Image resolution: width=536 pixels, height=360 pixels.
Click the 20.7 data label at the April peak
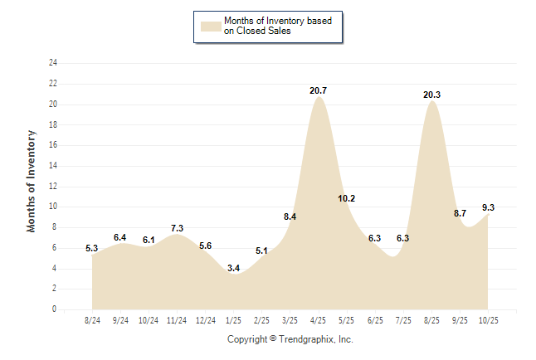click(318, 90)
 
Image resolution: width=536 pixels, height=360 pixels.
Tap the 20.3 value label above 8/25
click(431, 95)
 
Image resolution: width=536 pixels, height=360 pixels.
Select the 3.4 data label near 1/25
click(233, 268)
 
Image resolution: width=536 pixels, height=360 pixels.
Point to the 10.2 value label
click(347, 198)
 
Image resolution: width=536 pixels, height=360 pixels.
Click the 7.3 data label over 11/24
click(177, 228)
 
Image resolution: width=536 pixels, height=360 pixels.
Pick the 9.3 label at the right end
click(488, 207)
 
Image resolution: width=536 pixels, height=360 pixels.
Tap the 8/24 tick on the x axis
click(92, 320)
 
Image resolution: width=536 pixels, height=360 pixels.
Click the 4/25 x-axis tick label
click(318, 320)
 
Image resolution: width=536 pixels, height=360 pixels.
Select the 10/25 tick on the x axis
click(488, 320)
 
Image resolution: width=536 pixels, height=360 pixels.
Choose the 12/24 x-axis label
click(205, 320)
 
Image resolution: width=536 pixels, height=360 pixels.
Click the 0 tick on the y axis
click(55, 309)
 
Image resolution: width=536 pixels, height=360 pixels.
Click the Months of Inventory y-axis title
click(32, 180)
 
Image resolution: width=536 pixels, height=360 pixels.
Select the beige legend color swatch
click(211, 26)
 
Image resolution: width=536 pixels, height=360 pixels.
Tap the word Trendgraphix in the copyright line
click(307, 339)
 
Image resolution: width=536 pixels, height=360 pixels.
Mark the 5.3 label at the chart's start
click(92, 248)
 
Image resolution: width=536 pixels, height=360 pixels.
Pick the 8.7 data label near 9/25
click(460, 214)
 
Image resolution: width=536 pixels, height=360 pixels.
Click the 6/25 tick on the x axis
click(374, 320)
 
